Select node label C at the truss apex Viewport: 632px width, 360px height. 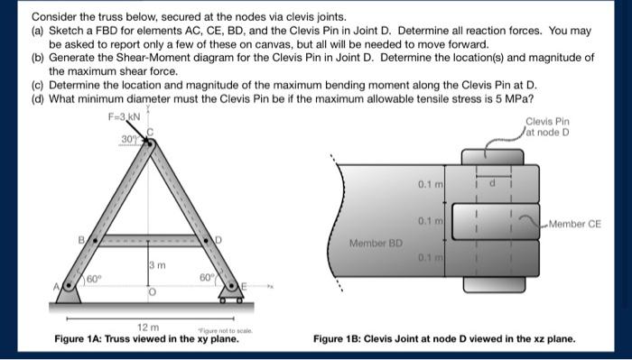pyautogui.click(x=152, y=132)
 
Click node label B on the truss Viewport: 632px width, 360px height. pyautogui.click(x=81, y=241)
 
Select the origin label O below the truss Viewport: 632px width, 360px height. pyautogui.click(x=152, y=293)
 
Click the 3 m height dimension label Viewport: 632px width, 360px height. pyautogui.click(x=154, y=264)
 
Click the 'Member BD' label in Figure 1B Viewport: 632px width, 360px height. pyautogui.click(x=371, y=243)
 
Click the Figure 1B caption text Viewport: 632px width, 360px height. pyautogui.click(x=443, y=340)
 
